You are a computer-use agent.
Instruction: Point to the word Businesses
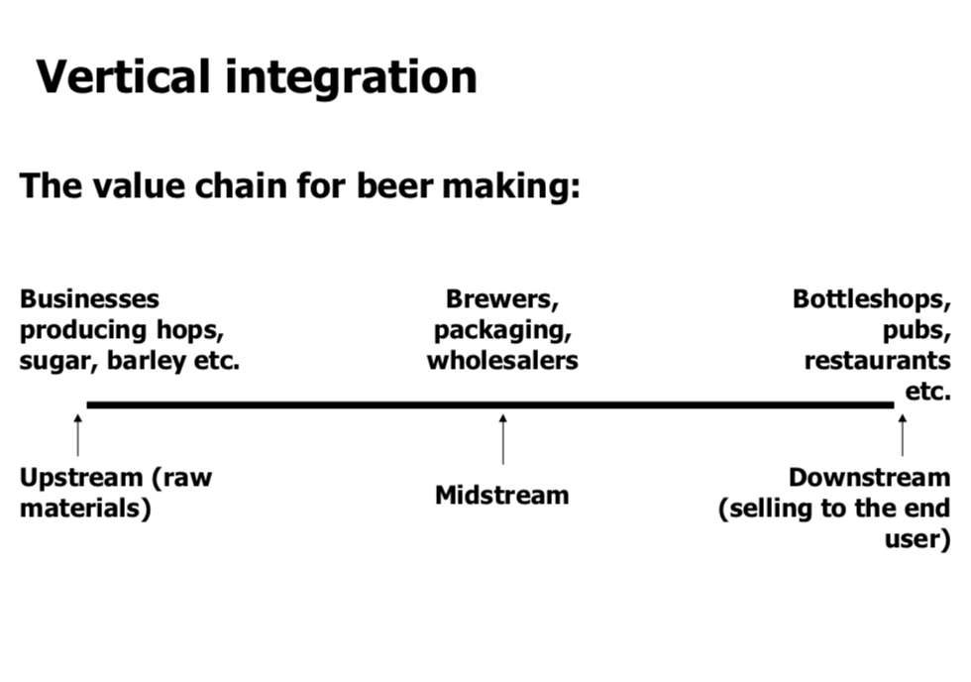89,299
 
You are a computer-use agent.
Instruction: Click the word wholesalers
502,361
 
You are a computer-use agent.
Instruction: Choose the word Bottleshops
871,299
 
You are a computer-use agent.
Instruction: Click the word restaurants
877,361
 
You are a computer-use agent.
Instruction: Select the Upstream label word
81,478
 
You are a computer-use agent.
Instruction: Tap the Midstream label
502,495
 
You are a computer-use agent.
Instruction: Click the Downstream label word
869,478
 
